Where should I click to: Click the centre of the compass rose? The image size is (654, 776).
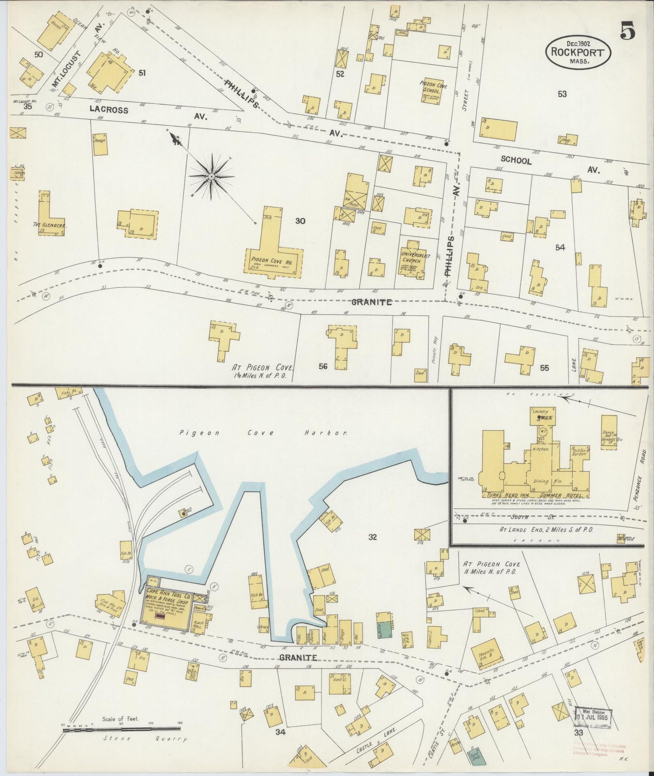(x=211, y=176)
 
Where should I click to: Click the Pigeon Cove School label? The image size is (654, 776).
(x=432, y=87)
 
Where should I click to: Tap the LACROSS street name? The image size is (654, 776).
(x=109, y=110)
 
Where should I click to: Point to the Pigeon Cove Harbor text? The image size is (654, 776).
(x=263, y=433)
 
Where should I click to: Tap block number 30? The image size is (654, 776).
(x=300, y=221)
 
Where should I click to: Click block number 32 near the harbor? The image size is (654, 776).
(x=372, y=537)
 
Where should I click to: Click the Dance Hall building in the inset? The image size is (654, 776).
(x=609, y=431)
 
